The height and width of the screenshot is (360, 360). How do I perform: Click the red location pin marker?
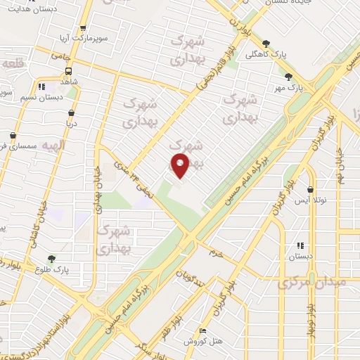[180, 165]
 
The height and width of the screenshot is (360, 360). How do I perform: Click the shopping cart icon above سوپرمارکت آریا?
[83, 30]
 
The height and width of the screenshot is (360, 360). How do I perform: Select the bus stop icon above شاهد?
[69, 71]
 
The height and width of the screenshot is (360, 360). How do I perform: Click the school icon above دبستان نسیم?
[41, 86]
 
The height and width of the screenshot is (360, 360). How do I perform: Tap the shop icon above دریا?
[71, 112]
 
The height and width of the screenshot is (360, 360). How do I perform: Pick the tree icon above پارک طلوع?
[51, 258]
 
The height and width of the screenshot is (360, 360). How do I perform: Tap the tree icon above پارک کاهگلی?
[266, 43]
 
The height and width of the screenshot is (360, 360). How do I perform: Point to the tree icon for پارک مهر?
[288, 77]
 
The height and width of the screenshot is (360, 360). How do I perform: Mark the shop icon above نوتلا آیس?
[310, 188]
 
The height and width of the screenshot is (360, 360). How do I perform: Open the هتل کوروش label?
[201, 341]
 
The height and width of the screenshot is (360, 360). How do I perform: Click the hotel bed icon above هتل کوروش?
[203, 331]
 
